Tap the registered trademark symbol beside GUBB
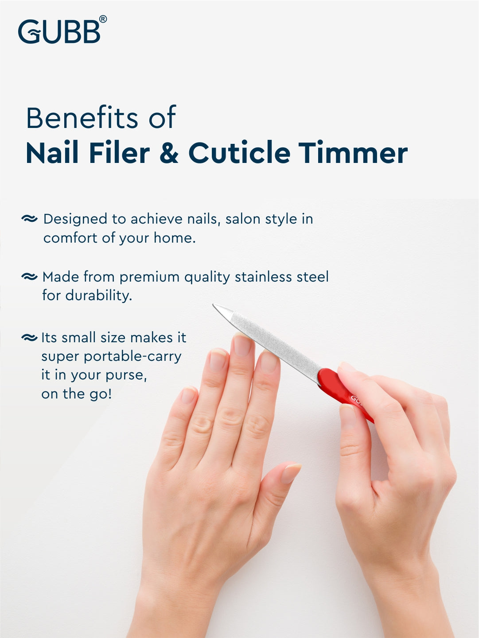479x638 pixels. pos(103,19)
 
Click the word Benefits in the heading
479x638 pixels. pos(82,118)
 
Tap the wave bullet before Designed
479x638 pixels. pos(29,219)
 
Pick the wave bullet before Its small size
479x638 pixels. pos(29,337)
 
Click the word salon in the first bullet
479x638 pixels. pos(243,219)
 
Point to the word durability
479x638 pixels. pos(99,296)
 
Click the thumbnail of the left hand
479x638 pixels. pos(291,473)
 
